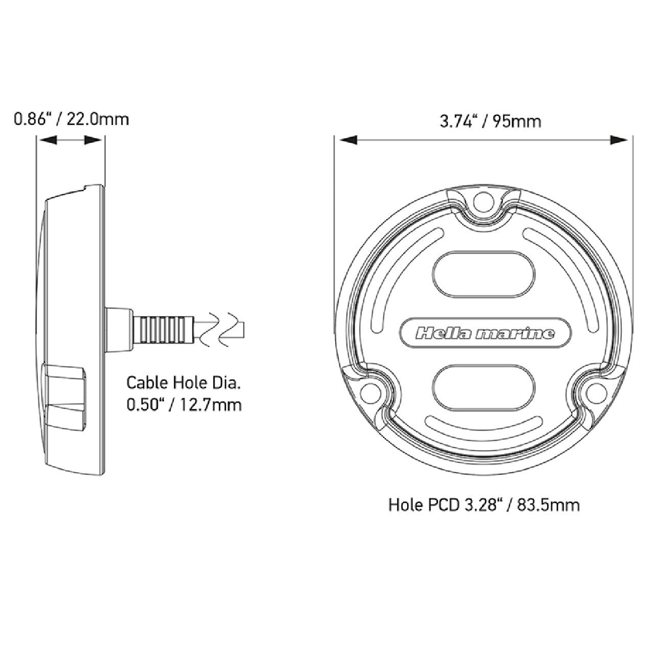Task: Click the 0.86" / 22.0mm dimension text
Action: (x=71, y=120)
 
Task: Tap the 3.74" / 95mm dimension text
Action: (x=491, y=121)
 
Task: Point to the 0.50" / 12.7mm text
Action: (x=184, y=405)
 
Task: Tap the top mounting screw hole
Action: (x=483, y=201)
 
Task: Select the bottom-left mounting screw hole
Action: (x=369, y=392)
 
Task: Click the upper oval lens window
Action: (x=484, y=275)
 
